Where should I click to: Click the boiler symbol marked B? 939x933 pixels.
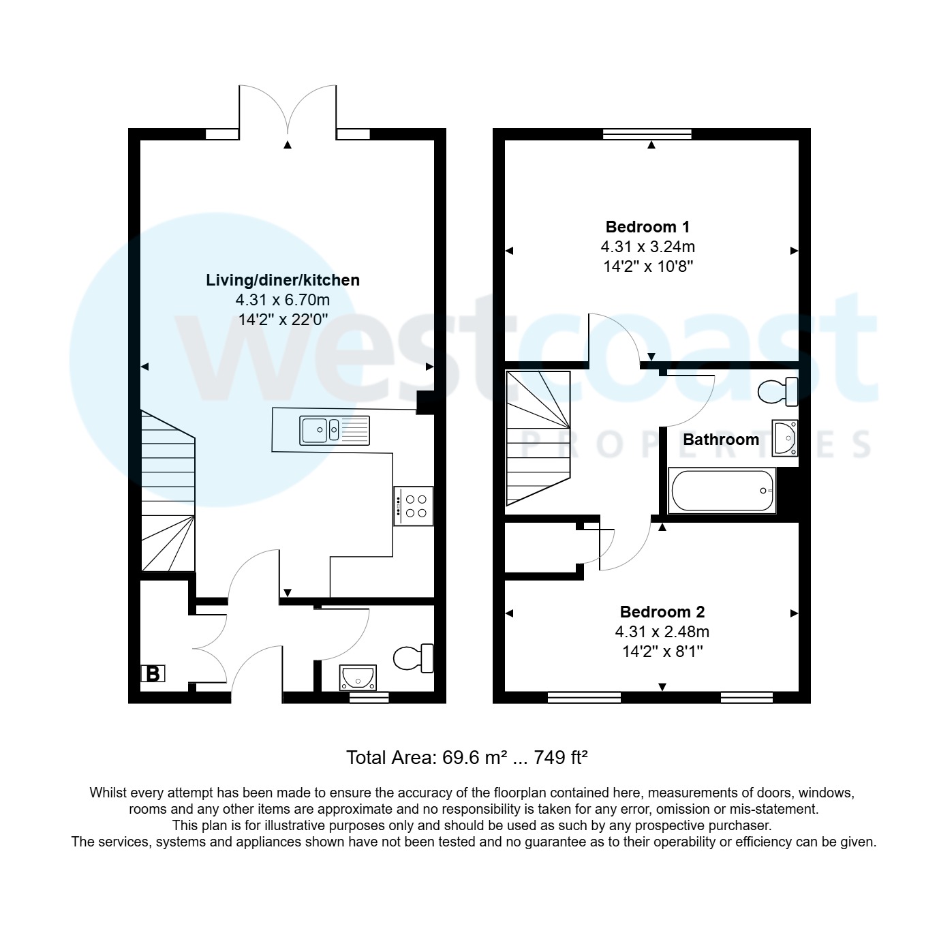pos(153,674)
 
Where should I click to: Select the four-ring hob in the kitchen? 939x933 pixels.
pos(413,506)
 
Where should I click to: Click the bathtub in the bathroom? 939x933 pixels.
pos(722,491)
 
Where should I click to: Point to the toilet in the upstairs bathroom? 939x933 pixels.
pos(779,392)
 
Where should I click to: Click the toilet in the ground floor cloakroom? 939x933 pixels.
pos(414,658)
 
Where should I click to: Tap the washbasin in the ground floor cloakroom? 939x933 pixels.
pos(358,677)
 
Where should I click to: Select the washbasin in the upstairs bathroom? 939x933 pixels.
pos(784,438)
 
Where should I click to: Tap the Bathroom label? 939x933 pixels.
pos(721,440)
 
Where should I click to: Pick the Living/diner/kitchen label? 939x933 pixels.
pos(283,280)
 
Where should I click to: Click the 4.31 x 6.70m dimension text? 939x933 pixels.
pos(283,300)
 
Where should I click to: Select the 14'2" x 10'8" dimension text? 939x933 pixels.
pos(647,266)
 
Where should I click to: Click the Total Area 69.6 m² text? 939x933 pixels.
pos(467,757)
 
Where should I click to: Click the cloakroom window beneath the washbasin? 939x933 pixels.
pos(369,697)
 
